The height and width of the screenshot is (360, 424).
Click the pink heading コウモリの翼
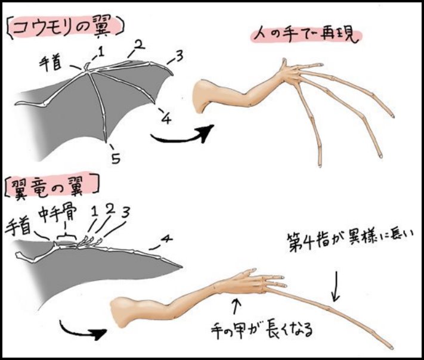point(65,29)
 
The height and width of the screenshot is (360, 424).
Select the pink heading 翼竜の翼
point(51,186)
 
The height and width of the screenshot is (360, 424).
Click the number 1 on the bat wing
point(101,52)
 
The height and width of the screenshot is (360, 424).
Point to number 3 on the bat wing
point(179,56)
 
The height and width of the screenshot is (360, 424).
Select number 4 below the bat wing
point(166,119)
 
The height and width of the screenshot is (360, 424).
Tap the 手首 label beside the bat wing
point(50,64)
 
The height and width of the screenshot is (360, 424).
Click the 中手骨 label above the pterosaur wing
point(58,212)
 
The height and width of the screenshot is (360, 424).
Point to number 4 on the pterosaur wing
point(166,238)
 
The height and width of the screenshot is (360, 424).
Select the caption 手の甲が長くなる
point(262,329)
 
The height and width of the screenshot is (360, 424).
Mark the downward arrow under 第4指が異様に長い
point(336,286)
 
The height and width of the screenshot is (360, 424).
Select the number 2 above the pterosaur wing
point(110,209)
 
